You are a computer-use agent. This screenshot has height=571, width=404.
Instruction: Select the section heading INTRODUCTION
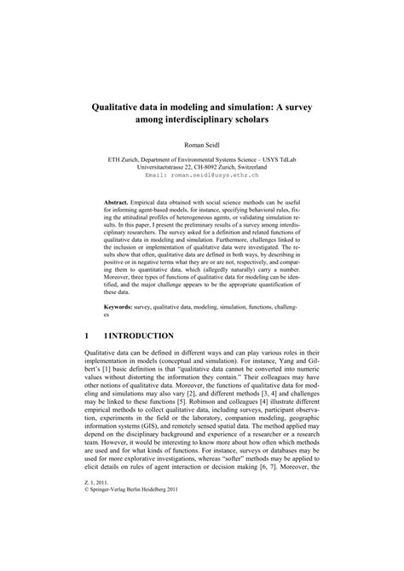(141, 336)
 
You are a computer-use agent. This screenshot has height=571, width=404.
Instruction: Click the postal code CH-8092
(205, 176)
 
